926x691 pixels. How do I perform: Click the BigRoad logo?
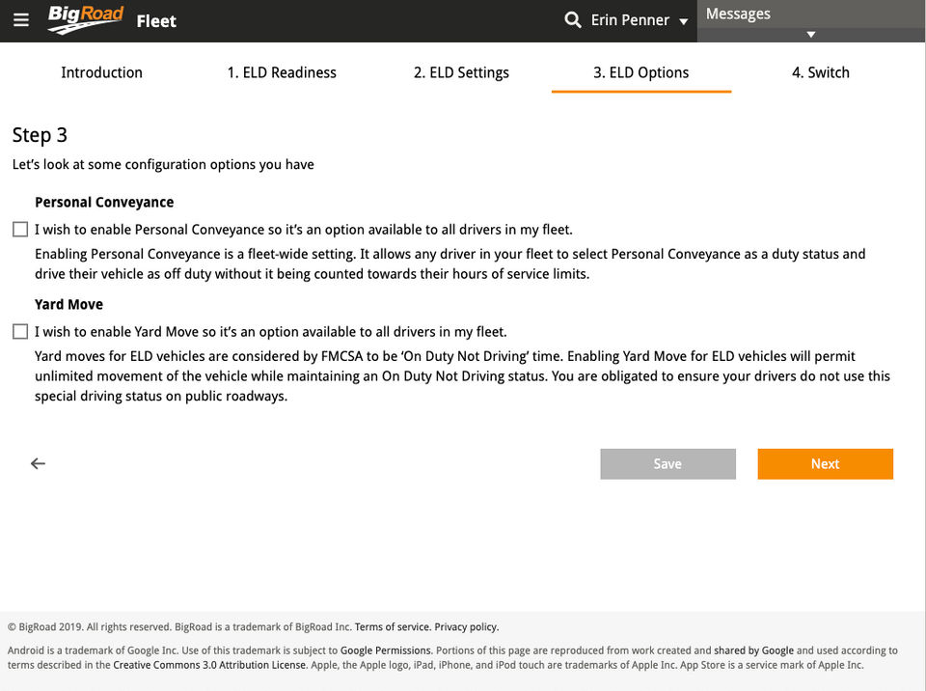[86, 19]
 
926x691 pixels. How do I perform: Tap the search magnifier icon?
[573, 19]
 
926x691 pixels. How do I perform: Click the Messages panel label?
[738, 14]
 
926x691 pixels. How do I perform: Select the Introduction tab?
[101, 72]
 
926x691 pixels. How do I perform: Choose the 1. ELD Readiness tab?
[282, 72]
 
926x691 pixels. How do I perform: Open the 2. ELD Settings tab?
[461, 72]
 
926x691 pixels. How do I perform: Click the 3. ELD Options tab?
[640, 72]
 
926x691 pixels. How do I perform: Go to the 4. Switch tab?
[820, 72]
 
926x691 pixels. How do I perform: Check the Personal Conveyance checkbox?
[20, 230]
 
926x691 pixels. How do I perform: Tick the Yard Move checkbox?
[20, 332]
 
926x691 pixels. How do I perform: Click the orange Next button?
[825, 464]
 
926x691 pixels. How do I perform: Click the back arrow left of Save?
[38, 464]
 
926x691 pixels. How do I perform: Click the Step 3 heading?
[40, 135]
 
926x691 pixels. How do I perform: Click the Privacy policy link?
[466, 627]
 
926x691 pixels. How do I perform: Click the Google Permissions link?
[386, 651]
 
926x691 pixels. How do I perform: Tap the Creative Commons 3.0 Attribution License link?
[210, 666]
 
